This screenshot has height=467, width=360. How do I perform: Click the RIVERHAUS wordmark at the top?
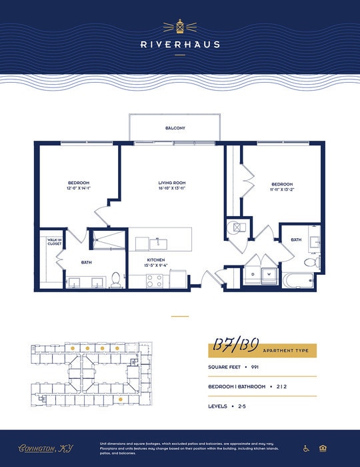coord(180,45)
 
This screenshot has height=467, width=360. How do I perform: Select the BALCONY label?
coord(175,127)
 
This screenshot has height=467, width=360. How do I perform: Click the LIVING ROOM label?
coord(171,183)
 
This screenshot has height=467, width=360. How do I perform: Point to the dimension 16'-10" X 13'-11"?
coord(171,189)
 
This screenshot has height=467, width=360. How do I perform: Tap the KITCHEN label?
coord(156,260)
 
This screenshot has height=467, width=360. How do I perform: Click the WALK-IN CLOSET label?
coord(54,242)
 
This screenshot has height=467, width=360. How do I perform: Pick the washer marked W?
coord(269,274)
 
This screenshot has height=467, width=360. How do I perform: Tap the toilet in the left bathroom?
coord(116,280)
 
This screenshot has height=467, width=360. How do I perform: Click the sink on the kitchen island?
coord(159,240)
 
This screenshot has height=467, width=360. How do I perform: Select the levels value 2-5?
coord(241,406)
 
